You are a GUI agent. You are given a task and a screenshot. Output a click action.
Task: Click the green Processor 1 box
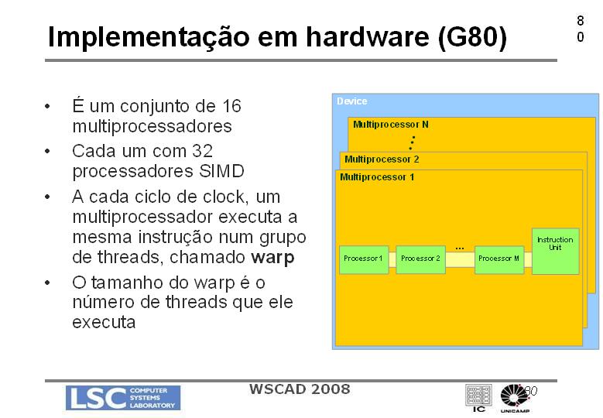pyautogui.click(x=364, y=259)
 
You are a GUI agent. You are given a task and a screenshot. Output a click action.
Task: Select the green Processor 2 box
pyautogui.click(x=421, y=259)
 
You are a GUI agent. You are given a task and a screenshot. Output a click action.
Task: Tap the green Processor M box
pyautogui.click(x=499, y=259)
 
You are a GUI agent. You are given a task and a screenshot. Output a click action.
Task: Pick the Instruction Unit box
pyautogui.click(x=555, y=251)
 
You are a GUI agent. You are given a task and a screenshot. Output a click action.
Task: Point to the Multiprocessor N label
pyautogui.click(x=391, y=125)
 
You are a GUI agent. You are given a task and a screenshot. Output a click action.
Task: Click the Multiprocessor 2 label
pyautogui.click(x=382, y=159)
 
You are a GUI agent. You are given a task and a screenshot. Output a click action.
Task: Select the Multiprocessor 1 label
pyautogui.click(x=377, y=177)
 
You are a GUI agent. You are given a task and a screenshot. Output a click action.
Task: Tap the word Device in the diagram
pyautogui.click(x=352, y=101)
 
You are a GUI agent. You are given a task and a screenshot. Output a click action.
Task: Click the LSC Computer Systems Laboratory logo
pyautogui.click(x=123, y=398)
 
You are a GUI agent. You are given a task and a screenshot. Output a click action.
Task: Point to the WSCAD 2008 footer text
pyautogui.click(x=300, y=389)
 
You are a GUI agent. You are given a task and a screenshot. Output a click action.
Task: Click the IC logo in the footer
pyautogui.click(x=478, y=398)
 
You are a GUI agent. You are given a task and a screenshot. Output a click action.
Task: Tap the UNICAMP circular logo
pyautogui.click(x=515, y=398)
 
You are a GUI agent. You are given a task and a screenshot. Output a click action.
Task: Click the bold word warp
pyautogui.click(x=272, y=257)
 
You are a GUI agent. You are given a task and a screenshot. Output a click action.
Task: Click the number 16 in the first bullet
pyautogui.click(x=231, y=106)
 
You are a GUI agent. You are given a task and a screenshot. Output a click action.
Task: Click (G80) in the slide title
pyautogui.click(x=472, y=37)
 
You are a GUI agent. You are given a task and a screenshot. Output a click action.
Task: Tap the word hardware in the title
pyautogui.click(x=368, y=36)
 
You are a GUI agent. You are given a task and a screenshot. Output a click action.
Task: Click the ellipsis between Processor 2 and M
pyautogui.click(x=460, y=248)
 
